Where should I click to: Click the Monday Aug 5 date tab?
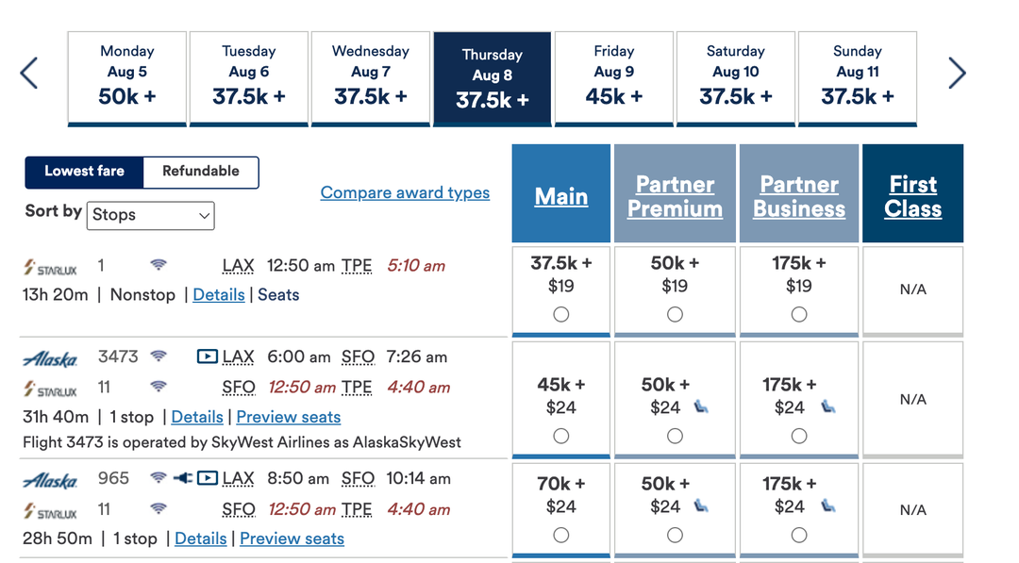click(126, 76)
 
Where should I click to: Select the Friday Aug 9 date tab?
click(613, 76)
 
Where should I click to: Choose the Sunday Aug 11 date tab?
click(857, 76)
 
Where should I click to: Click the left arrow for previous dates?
click(29, 73)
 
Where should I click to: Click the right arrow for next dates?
click(957, 73)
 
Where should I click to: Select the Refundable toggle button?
click(201, 172)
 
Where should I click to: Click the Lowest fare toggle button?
click(84, 172)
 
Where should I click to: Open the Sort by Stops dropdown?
click(152, 215)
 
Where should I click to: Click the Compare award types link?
click(405, 192)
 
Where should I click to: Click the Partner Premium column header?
click(675, 196)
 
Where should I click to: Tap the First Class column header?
click(912, 196)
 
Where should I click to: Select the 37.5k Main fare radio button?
click(561, 315)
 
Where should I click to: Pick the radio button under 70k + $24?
click(561, 535)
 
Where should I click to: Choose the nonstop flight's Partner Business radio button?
click(799, 315)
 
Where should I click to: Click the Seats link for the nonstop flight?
click(278, 295)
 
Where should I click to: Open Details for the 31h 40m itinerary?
click(197, 417)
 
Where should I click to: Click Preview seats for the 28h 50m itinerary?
click(292, 538)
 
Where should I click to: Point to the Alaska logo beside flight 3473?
click(50, 358)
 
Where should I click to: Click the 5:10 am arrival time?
click(416, 266)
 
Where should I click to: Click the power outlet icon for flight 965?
click(183, 478)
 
